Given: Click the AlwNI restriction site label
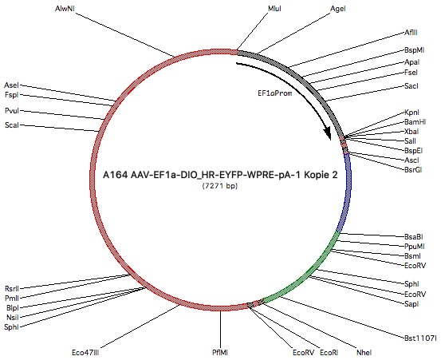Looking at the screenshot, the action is (65, 9).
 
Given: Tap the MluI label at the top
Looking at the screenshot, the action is (274, 9).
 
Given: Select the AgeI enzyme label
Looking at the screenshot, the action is (338, 9).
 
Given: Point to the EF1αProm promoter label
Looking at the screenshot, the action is (275, 93).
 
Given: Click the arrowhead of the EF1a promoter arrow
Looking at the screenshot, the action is (328, 134).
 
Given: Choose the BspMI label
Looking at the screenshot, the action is (414, 50).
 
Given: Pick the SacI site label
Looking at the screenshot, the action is (411, 86).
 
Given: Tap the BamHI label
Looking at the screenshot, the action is (415, 122).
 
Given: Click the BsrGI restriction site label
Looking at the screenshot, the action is (413, 170).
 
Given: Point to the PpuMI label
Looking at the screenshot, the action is (414, 247).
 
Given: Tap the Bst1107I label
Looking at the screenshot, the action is (420, 338).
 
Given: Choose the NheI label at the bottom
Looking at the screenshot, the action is (364, 352).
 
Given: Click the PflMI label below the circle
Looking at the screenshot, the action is (220, 352).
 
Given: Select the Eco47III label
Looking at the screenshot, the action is (85, 352).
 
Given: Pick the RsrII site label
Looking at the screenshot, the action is (12, 288).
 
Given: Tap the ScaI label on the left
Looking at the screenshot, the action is (12, 125).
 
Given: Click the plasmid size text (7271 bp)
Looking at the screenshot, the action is (220, 186).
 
